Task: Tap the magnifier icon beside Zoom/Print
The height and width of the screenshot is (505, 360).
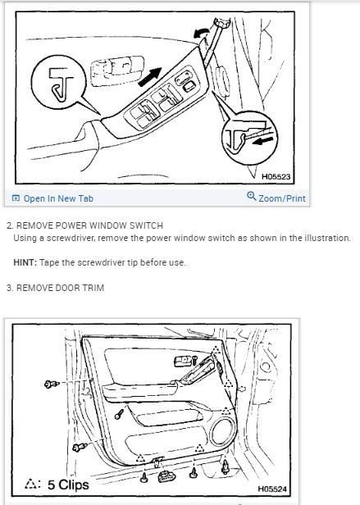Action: (x=251, y=198)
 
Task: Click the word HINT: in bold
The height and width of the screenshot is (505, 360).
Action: (x=25, y=262)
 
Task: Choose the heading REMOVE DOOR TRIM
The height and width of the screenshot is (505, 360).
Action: (x=61, y=287)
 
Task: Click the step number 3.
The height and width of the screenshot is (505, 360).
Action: (x=8, y=287)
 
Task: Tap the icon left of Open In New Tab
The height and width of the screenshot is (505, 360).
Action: (x=16, y=198)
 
